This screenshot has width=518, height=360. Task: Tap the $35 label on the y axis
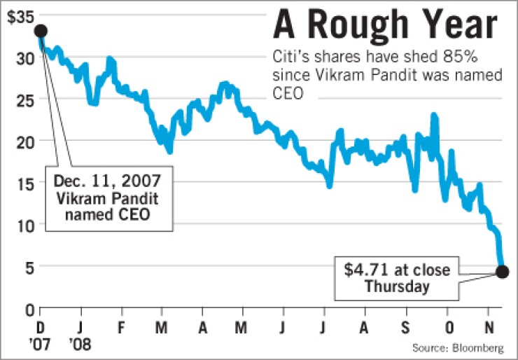pos(18,15)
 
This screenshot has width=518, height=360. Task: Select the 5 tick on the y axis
pos(29,267)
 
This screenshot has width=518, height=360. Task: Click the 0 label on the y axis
pos(29,309)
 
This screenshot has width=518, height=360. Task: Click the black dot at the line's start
pos(40,31)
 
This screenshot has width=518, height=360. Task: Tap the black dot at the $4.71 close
pos(502,272)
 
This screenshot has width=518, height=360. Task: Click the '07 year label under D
pos(41,345)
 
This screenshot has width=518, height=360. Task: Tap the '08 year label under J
pos(82,345)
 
